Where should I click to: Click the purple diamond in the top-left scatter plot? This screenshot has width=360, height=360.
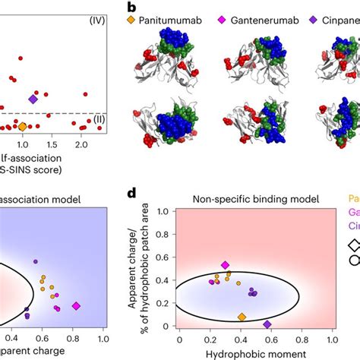(x=33, y=99)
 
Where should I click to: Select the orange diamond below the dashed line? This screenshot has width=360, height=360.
(x=22, y=127)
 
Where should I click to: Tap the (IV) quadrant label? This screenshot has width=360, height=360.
(x=99, y=17)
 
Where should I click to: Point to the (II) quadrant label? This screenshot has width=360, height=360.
(x=99, y=118)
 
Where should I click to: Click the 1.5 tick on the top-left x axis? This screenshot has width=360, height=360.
(x=52, y=144)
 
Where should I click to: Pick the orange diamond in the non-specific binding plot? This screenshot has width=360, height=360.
(x=242, y=317)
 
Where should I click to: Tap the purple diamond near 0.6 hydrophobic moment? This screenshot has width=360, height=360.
(x=267, y=324)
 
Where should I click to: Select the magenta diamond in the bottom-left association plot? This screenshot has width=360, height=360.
(x=76, y=305)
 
